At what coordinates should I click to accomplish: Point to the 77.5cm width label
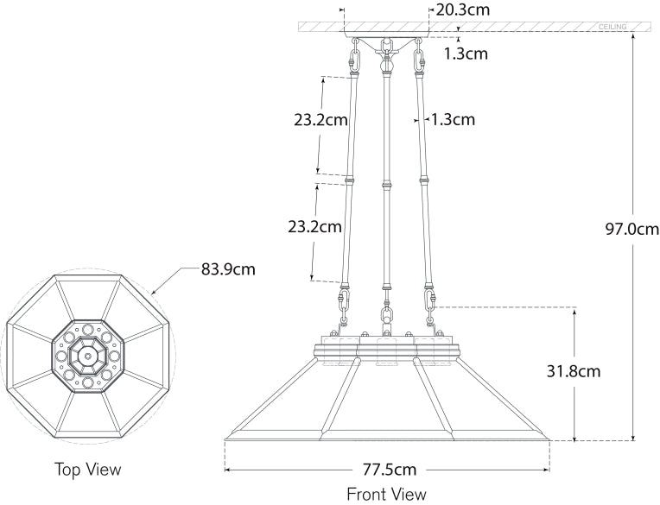click(x=389, y=470)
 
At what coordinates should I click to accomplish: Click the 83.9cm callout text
click(x=228, y=268)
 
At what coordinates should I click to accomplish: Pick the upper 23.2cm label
click(x=320, y=120)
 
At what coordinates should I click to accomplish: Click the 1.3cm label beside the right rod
click(x=453, y=120)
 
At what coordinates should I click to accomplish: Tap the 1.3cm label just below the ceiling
click(x=466, y=54)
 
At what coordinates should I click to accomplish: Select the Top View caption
click(x=87, y=470)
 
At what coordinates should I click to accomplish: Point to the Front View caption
click(x=386, y=495)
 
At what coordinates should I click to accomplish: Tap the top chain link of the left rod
click(x=354, y=61)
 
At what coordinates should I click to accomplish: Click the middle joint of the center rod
click(x=386, y=184)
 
